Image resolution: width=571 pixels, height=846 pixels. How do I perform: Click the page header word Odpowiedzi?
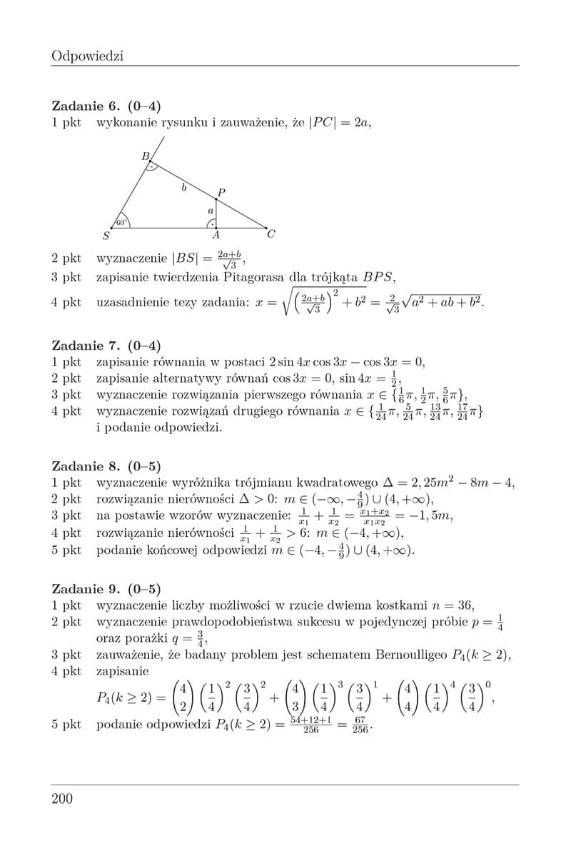point(88,55)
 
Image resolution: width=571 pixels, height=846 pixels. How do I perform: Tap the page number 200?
point(63,798)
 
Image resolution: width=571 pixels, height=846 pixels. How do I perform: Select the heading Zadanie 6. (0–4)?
point(106,106)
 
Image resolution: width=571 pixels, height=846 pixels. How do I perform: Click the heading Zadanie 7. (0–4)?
point(106,346)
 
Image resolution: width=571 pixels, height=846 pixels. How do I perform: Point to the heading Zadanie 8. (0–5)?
point(106,466)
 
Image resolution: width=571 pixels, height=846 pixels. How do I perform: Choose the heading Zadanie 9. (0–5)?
point(106,589)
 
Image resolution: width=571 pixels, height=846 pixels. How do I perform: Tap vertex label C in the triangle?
point(271,233)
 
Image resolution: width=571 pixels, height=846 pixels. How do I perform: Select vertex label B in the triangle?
point(145,156)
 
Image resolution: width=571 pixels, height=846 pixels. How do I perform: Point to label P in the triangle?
point(221,192)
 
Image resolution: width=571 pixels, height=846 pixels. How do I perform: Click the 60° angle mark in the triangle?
point(121,222)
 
